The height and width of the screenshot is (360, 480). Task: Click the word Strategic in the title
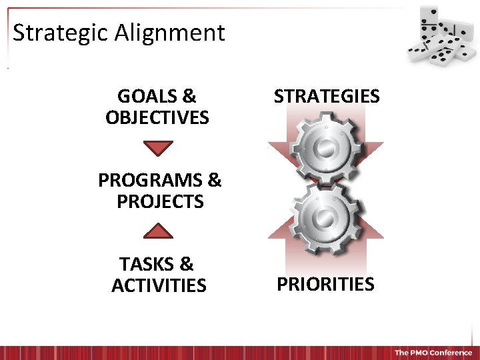point(61,33)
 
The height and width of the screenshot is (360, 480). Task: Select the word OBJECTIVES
point(157,118)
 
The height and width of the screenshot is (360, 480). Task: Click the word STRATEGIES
point(327,96)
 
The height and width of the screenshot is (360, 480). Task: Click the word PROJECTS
point(160,201)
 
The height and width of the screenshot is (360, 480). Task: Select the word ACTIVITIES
point(159,285)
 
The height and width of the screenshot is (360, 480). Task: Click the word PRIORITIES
point(325,284)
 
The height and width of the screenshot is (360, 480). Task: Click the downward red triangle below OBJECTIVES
point(159,147)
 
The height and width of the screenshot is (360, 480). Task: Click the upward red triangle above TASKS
point(159,231)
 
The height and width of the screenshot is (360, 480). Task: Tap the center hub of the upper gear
point(326,148)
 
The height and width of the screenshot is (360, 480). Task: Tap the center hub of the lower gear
point(326,218)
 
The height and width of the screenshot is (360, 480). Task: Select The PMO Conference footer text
point(433,353)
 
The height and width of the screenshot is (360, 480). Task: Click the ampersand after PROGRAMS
point(215,180)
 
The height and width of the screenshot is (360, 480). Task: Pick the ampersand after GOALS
point(189,96)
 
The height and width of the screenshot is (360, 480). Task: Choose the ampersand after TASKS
point(187,264)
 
